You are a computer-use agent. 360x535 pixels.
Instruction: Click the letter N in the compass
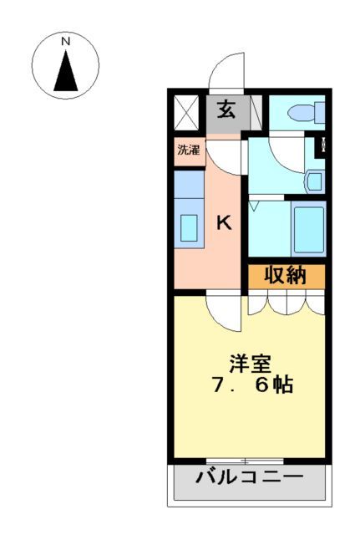[x=65, y=41]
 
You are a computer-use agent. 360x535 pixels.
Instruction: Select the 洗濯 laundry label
[x=189, y=151]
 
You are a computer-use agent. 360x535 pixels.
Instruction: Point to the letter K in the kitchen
[x=224, y=223]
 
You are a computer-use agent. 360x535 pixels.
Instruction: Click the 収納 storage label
[x=286, y=275]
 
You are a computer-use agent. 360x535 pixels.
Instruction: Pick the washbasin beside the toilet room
[x=315, y=181]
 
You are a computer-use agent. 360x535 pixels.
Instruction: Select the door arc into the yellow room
[x=221, y=313]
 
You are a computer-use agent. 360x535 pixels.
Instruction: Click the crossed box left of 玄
[x=185, y=111]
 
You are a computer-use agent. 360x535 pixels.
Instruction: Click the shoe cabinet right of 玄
[x=255, y=110]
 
